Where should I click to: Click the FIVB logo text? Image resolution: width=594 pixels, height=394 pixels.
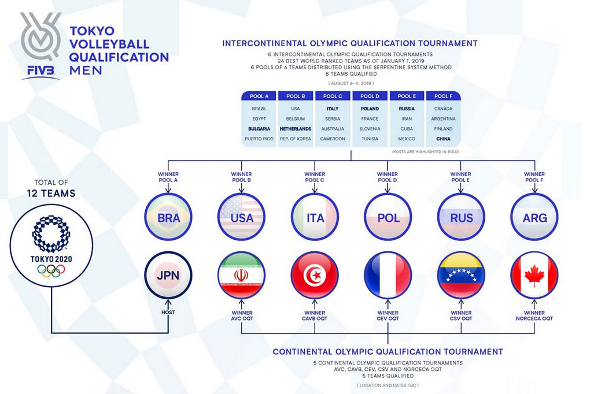pyautogui.click(x=41, y=70)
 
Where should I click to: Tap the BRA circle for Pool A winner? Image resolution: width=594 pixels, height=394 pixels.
pyautogui.click(x=168, y=217)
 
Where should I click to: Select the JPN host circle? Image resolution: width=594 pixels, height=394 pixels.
pyautogui.click(x=168, y=275)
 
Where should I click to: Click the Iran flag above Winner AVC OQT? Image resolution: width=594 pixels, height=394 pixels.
pyautogui.click(x=241, y=275)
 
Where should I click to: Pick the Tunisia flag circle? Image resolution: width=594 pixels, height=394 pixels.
pyautogui.click(x=315, y=275)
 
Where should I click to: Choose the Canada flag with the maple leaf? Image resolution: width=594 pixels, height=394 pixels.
pyautogui.click(x=534, y=275)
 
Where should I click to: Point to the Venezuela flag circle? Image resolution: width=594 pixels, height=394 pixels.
pyautogui.click(x=461, y=275)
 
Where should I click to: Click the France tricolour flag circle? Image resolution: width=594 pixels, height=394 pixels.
pyautogui.click(x=388, y=275)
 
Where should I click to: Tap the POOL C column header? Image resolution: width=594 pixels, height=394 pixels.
pyautogui.click(x=333, y=96)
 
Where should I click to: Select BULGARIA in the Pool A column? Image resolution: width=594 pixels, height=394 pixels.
pyautogui.click(x=259, y=129)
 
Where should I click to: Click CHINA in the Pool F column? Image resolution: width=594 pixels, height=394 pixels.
pyautogui.click(x=443, y=139)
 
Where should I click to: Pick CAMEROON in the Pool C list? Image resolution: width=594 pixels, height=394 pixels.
pyautogui.click(x=333, y=139)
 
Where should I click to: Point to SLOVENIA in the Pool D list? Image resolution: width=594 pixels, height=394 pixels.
pyautogui.click(x=370, y=129)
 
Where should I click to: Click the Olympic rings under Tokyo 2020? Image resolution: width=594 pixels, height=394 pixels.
pyautogui.click(x=51, y=270)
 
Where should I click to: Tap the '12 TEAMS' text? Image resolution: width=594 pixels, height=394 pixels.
pyautogui.click(x=51, y=194)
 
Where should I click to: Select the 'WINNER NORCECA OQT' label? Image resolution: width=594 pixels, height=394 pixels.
pyautogui.click(x=534, y=315)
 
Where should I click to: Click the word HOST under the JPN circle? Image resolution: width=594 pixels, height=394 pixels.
pyautogui.click(x=168, y=312)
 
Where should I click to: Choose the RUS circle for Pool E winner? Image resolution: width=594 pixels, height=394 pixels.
pyautogui.click(x=461, y=217)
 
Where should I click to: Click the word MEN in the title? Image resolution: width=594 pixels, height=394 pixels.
pyautogui.click(x=86, y=70)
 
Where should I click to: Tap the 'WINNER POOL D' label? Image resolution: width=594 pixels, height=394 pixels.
pyautogui.click(x=387, y=177)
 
